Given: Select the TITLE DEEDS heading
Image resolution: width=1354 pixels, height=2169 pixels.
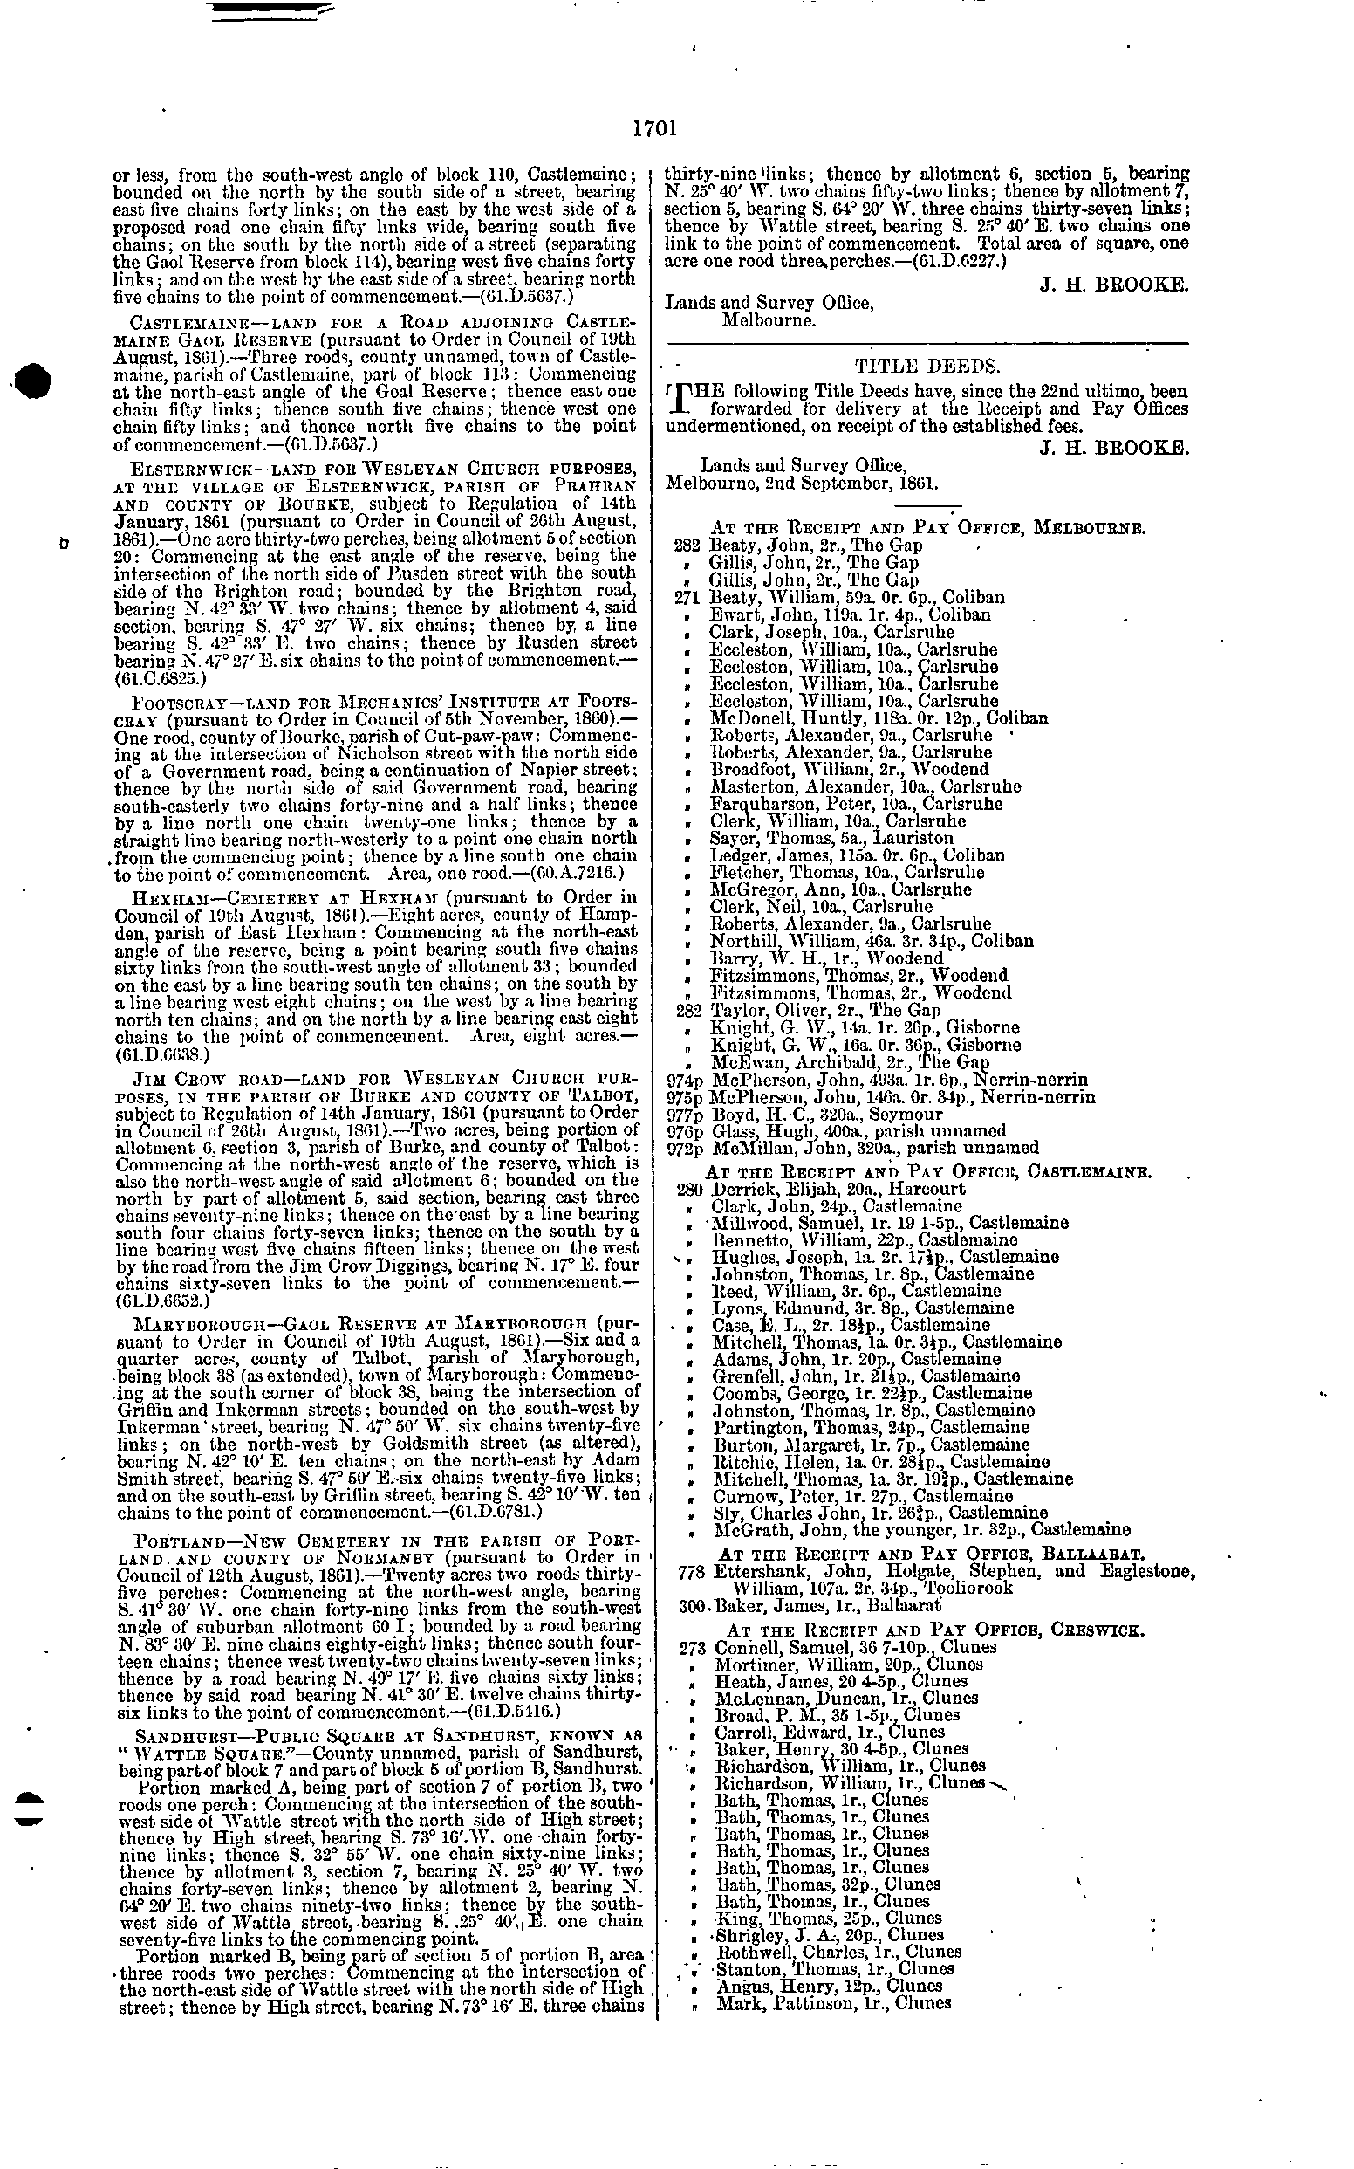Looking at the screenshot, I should pos(927,366).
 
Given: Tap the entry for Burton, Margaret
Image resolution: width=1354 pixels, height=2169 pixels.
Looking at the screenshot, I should pos(870,1445).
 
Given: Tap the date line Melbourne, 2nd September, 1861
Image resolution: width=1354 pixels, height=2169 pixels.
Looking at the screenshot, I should pos(804,484).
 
